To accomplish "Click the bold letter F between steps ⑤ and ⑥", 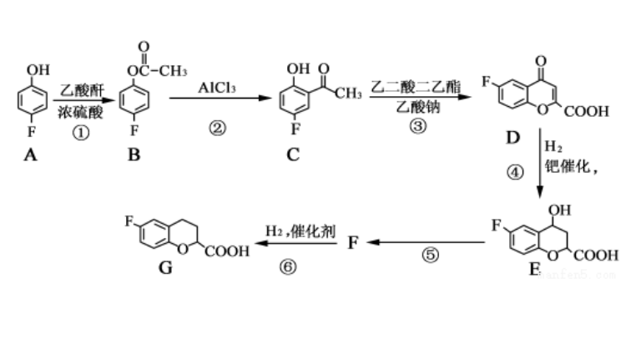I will coord(353,242).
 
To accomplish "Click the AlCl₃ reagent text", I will coord(217,87).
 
